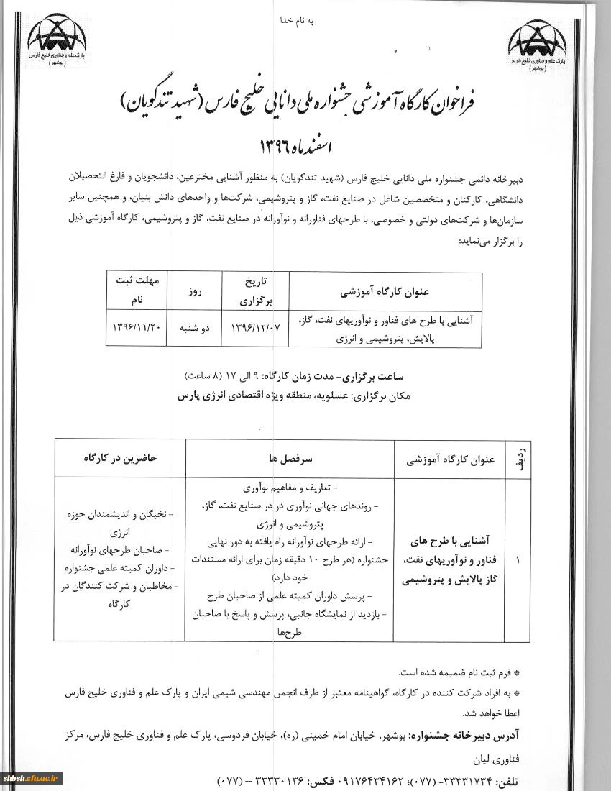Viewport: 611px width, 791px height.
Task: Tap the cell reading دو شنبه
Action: click(x=194, y=327)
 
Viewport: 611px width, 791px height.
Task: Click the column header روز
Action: click(x=194, y=293)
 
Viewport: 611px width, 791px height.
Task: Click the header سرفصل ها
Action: click(x=290, y=457)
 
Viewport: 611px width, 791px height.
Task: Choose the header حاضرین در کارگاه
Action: click(x=120, y=457)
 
